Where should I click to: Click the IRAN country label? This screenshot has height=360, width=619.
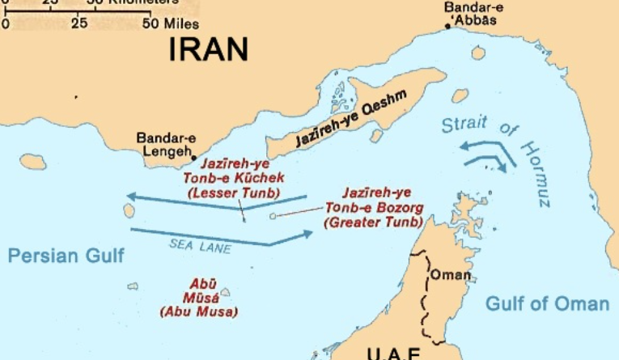pos(208,50)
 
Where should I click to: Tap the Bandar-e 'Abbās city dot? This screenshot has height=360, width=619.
pos(448,27)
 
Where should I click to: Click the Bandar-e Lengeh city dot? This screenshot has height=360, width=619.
pos(193,156)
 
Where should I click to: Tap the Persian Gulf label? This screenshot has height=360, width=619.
pos(66,256)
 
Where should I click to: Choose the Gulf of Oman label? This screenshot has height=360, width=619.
pos(547,304)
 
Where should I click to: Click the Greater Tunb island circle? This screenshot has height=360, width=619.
pos(273,216)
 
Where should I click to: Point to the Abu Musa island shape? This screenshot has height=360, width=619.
pos(224,292)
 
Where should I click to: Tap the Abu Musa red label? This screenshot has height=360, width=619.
pos(199,298)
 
